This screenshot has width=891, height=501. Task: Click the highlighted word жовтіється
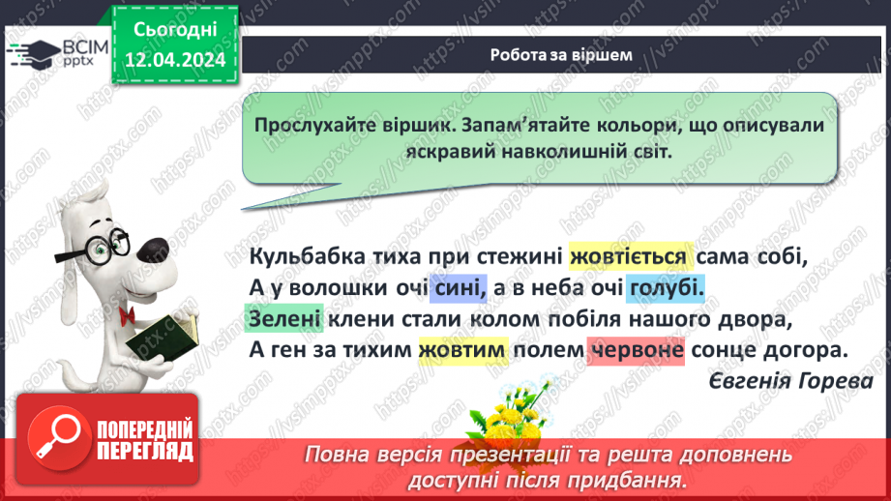630,256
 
